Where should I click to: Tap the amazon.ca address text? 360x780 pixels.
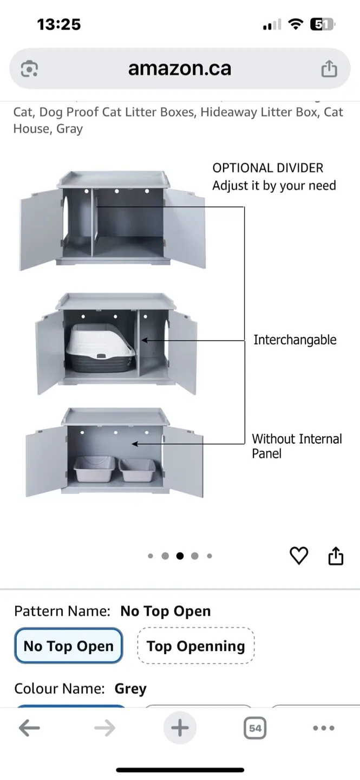(179, 68)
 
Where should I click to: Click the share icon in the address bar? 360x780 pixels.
(329, 69)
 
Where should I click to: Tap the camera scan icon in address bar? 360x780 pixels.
(29, 69)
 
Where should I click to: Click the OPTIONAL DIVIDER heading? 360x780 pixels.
(267, 168)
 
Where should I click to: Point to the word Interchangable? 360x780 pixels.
(295, 340)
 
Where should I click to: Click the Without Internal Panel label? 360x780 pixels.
(297, 446)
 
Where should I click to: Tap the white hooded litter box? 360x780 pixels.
(101, 347)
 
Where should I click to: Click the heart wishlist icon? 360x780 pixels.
(299, 556)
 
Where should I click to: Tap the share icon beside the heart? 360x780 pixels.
(336, 556)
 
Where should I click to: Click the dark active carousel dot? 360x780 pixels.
(180, 556)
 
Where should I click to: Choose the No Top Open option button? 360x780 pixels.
(69, 646)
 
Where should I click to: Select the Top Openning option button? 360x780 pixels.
(195, 646)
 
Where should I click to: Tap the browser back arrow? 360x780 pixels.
(29, 728)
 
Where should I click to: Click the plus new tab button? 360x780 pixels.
(180, 728)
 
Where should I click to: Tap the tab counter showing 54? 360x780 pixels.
(255, 728)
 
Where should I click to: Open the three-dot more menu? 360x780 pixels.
(323, 728)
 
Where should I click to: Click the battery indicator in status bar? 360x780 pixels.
(322, 24)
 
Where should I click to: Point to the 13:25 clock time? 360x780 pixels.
(58, 24)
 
